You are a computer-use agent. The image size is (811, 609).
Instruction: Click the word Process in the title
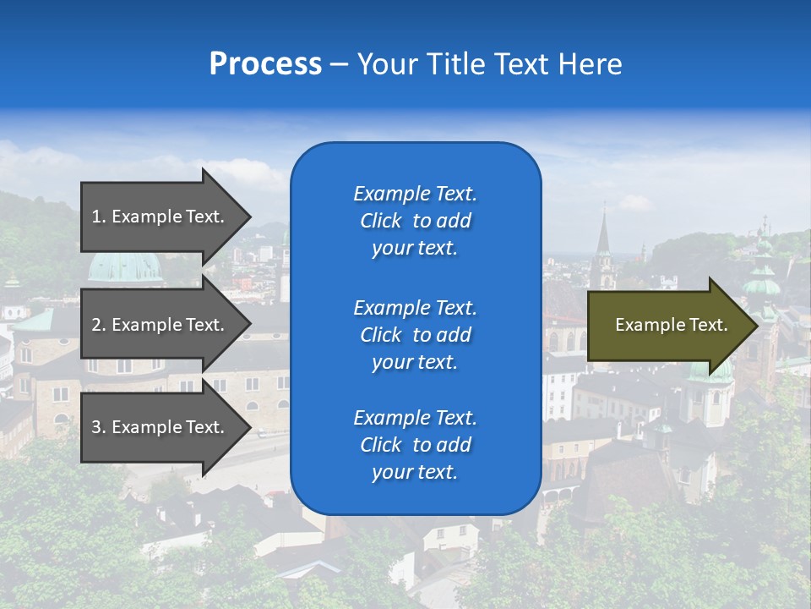[x=265, y=64]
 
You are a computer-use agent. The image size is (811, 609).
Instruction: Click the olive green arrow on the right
[x=667, y=326]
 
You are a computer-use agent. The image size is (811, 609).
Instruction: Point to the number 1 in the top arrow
[x=96, y=217]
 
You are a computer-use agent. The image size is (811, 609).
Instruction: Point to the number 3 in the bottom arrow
[x=96, y=427]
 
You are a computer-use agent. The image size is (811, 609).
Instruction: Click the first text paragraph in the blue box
[x=415, y=221]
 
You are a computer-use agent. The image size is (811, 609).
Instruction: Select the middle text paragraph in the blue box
[x=415, y=335]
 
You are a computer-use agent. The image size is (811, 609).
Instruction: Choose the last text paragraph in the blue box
[x=415, y=445]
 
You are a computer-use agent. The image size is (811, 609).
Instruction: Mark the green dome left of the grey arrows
[x=125, y=267]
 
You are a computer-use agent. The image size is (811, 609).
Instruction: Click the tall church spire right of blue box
[x=603, y=233]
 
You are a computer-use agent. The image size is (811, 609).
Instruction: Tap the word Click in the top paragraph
[x=380, y=221]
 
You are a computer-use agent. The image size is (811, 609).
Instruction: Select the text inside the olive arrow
[x=671, y=325]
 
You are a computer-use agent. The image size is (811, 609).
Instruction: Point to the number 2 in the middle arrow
[x=96, y=325]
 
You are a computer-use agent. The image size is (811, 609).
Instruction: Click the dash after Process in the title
[x=339, y=64]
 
